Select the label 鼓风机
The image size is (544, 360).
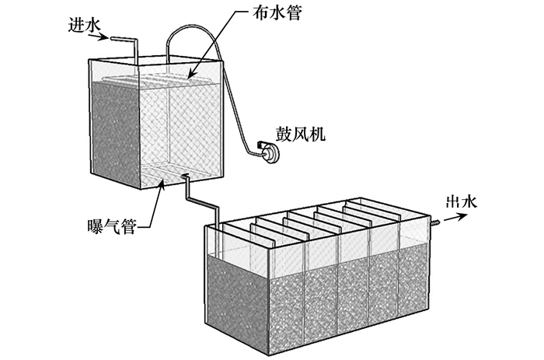(x=301, y=135)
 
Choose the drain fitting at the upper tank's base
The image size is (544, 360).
(x=186, y=179)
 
